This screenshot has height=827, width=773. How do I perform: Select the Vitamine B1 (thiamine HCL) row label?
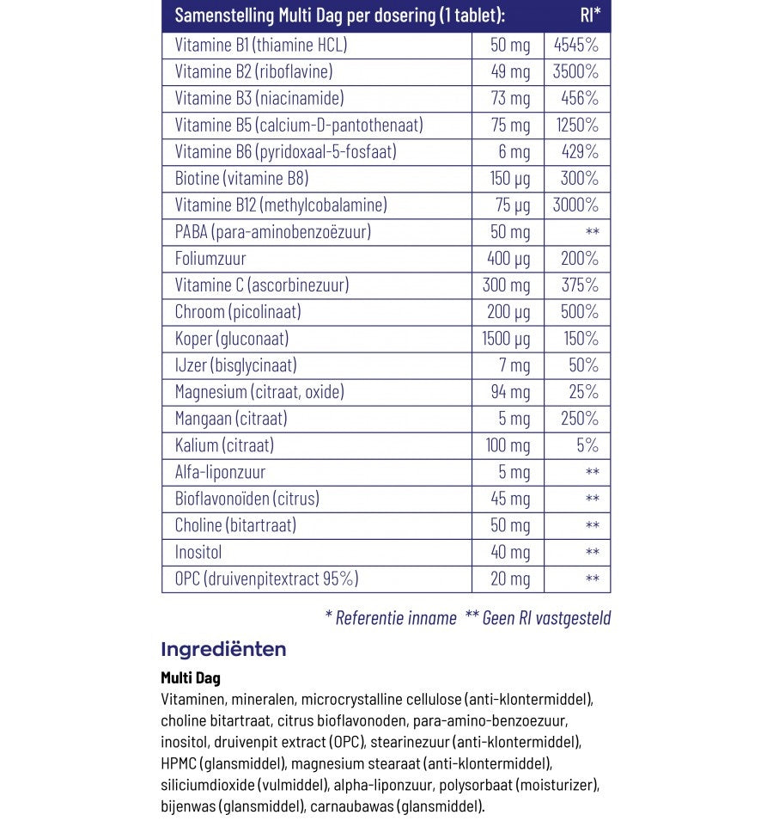[x=260, y=45]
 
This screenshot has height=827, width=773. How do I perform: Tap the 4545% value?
[x=576, y=45]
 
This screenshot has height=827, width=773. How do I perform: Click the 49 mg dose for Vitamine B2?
[x=510, y=71]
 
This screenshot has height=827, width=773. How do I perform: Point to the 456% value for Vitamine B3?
[x=580, y=98]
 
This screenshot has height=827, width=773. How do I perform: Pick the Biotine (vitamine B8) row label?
[x=241, y=179]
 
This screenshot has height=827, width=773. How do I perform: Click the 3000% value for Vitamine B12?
[x=576, y=205]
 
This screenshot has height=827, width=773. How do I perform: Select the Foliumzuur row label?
[x=210, y=259]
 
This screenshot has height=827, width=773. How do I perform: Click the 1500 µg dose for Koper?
[x=506, y=339]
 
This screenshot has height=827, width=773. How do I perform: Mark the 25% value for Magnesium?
[x=584, y=392]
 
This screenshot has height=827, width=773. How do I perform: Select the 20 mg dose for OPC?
[x=510, y=579]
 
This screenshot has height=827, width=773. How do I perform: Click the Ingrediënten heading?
[x=223, y=649]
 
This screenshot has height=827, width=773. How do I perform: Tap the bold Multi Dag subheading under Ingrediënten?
[x=190, y=678]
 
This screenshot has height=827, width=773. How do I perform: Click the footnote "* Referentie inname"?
[x=391, y=617]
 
